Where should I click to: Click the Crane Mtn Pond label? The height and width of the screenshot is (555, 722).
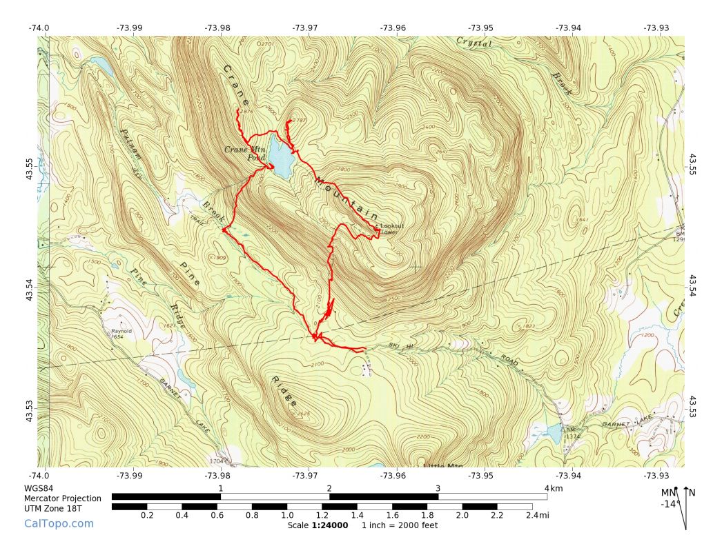point(244,153)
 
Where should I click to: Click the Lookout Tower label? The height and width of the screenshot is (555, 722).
point(391,229)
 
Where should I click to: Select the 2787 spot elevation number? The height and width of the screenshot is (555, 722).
point(300,120)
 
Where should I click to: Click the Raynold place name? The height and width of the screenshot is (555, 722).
point(121,331)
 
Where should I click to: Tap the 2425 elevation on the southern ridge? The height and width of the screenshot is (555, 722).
point(302,414)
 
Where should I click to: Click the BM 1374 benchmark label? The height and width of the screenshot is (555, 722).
point(572,432)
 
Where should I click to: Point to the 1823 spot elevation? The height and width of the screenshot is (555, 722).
point(529,326)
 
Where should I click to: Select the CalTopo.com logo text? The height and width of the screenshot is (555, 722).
point(59,523)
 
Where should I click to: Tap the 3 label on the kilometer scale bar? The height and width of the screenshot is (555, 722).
point(438,488)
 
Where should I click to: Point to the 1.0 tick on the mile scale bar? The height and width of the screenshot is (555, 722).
point(287,515)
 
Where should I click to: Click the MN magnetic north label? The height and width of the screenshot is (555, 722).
point(667,492)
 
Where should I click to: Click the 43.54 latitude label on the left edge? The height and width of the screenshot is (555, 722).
point(29,288)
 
